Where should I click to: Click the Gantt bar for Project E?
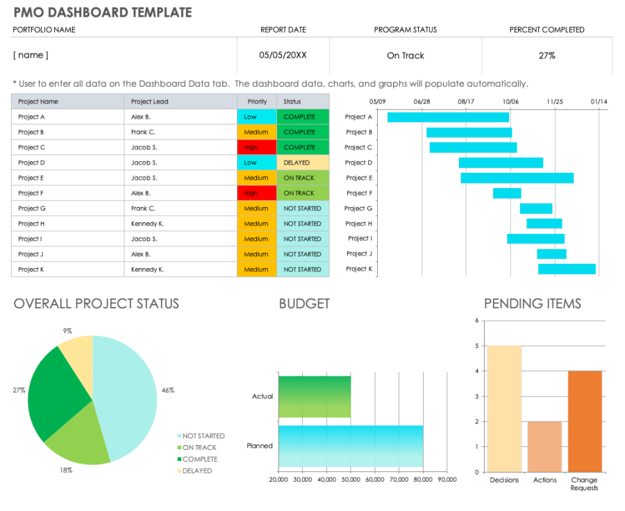point(517,178)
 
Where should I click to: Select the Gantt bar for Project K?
point(567,269)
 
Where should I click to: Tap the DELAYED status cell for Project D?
point(303,162)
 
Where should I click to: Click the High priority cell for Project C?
point(256,147)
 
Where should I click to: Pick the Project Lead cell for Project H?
point(181,224)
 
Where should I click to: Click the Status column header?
point(303,101)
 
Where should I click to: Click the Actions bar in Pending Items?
point(544,446)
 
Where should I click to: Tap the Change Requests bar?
point(585,421)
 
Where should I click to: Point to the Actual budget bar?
point(314,396)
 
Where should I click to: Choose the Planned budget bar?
point(351,446)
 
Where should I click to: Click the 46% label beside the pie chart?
point(167,390)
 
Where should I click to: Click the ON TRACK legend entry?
point(199,448)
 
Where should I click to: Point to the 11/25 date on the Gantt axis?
point(554,101)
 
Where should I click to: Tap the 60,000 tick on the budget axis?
point(375,480)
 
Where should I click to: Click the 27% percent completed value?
point(547,56)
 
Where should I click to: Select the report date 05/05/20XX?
point(283,56)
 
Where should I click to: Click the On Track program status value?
point(406,56)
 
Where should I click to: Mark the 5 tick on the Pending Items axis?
point(476,346)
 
